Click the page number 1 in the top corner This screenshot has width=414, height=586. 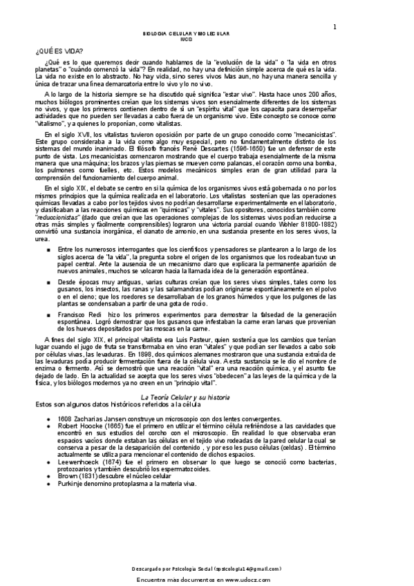[335, 27]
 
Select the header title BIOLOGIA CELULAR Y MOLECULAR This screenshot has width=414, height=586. [185, 33]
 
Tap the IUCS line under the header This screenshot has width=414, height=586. [185, 39]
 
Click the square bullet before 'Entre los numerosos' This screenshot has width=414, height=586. [47, 249]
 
